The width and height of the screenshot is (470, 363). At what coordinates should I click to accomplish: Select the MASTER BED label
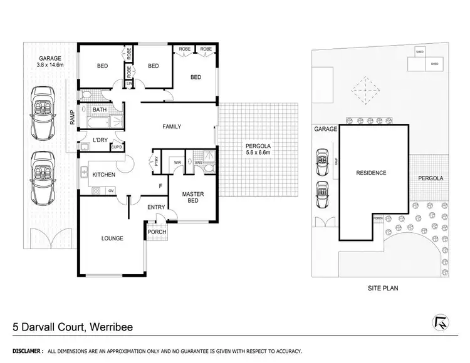193,197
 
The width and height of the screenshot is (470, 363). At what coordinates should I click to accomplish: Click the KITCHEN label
104,175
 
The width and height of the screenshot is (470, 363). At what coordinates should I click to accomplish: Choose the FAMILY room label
172,126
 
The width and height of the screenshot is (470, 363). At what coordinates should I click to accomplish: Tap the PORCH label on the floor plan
156,232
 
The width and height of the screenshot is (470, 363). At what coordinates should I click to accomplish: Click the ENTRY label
156,207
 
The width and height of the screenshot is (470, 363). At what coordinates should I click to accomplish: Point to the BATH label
100,110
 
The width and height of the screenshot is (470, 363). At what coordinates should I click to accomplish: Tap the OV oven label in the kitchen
111,190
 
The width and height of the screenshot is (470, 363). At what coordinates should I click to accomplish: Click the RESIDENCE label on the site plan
371,173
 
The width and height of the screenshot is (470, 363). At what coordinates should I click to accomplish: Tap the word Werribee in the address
111,327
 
